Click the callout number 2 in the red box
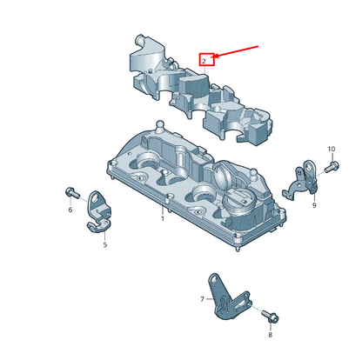coord(204,61)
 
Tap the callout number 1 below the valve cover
coord(163,218)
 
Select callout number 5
coord(105,244)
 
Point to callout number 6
coord(70,210)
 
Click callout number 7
coord(202,299)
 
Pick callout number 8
coord(270,335)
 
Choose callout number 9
coord(314,205)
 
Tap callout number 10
coord(332,149)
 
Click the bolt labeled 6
coord(72,192)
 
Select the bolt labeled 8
coord(271,317)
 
